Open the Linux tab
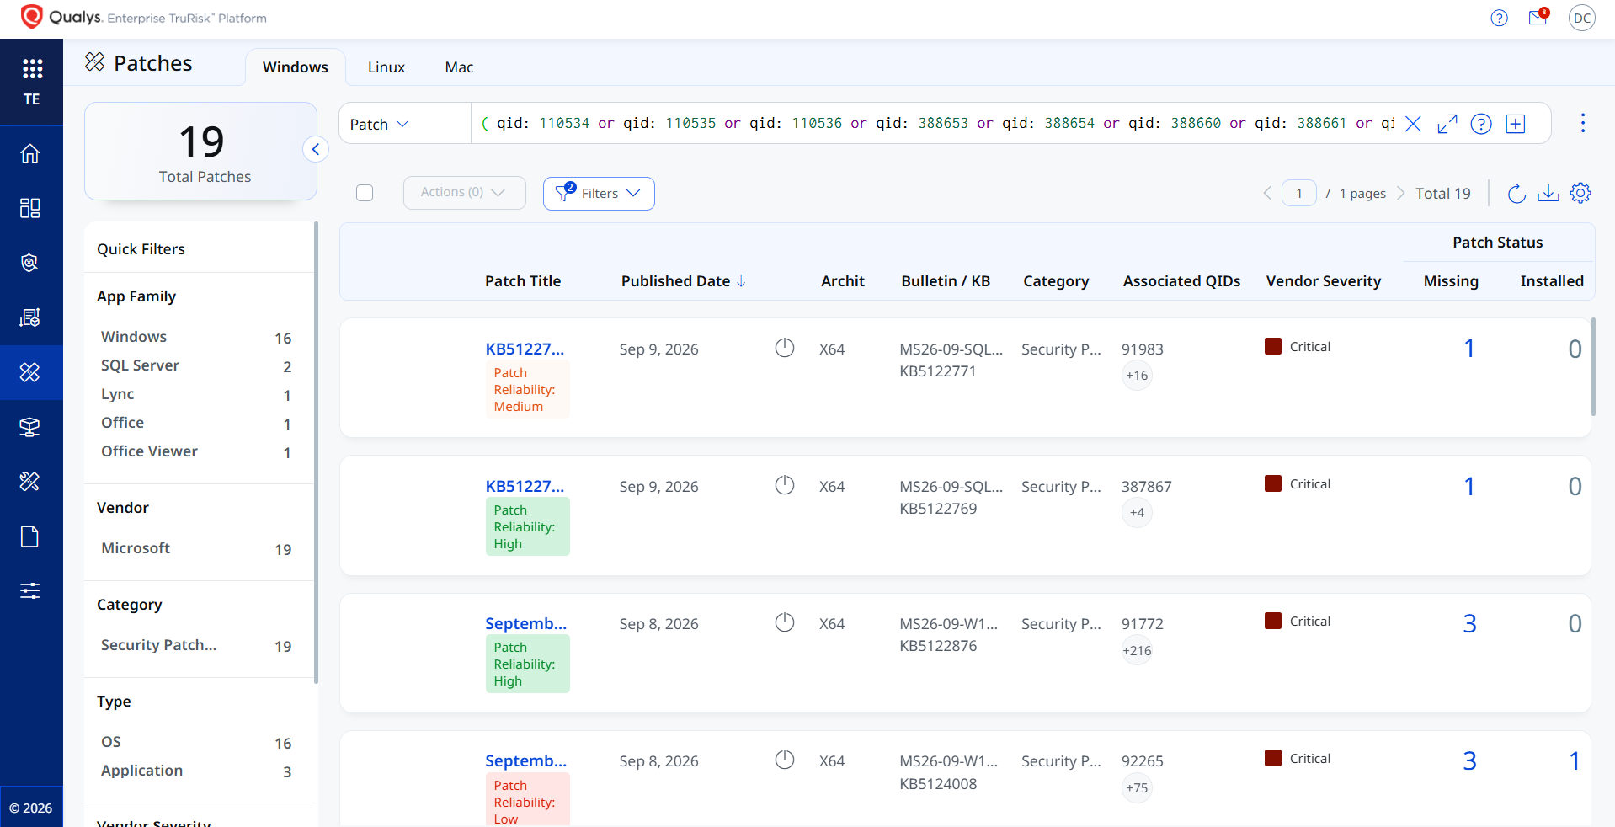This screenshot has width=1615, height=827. (386, 67)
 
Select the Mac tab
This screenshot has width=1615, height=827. (459, 67)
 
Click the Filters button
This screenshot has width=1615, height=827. (599, 193)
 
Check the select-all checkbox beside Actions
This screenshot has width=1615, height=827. (365, 193)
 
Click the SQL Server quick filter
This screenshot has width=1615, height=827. (140, 365)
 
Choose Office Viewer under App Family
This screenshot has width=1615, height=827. (149, 451)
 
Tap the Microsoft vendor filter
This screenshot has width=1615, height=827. (136, 548)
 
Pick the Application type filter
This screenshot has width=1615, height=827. (141, 771)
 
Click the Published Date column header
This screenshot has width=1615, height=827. (675, 281)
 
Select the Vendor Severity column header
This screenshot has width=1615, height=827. (1324, 281)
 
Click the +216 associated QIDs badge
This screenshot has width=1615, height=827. (1137, 650)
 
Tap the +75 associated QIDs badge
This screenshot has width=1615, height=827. (1137, 788)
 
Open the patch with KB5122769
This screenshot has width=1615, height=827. (525, 486)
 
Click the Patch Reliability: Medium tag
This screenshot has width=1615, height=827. (528, 389)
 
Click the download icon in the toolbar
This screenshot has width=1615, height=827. (1548, 193)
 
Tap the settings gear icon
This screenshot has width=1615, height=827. (1580, 193)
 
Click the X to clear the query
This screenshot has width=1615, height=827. (1413, 124)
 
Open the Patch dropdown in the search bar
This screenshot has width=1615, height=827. (379, 124)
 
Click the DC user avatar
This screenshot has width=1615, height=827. (1582, 18)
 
